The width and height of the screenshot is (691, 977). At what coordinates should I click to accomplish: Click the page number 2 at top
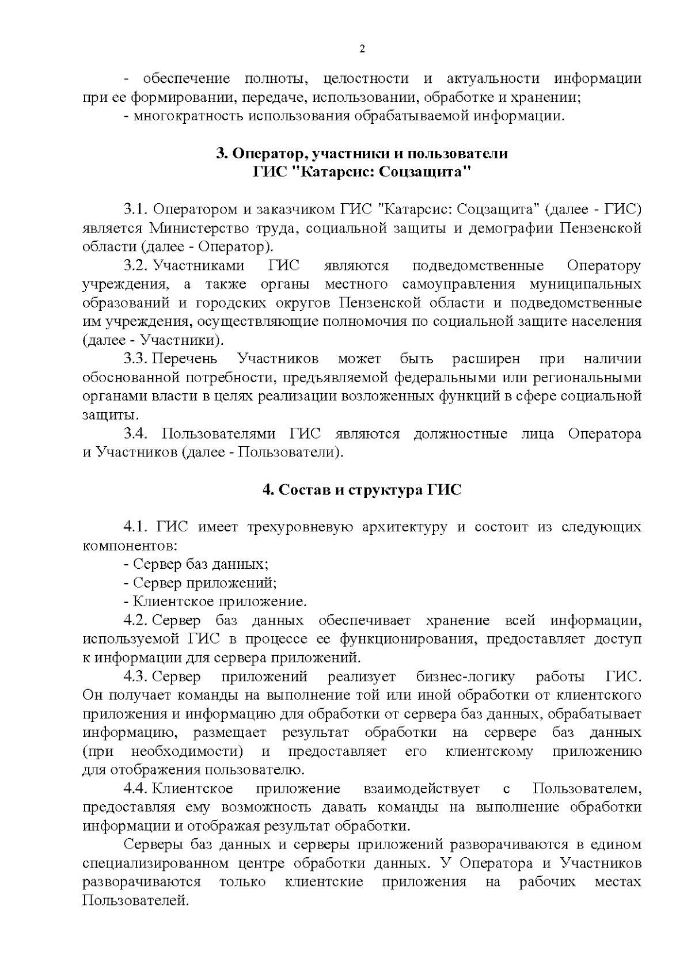(x=362, y=49)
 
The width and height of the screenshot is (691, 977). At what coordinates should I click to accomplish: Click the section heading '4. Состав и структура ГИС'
(x=362, y=490)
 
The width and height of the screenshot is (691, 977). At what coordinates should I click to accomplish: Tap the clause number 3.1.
(x=136, y=209)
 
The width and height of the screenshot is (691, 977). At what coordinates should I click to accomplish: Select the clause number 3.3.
(x=136, y=359)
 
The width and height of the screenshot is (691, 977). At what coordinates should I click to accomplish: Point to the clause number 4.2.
(x=136, y=621)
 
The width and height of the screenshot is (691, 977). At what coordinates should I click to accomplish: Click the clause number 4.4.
(x=136, y=789)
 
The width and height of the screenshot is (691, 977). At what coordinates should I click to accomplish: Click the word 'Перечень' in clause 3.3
(x=185, y=359)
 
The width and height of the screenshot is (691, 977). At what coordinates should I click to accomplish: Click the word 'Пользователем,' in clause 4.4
(x=587, y=789)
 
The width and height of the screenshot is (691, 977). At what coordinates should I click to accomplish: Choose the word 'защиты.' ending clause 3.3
(x=111, y=415)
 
